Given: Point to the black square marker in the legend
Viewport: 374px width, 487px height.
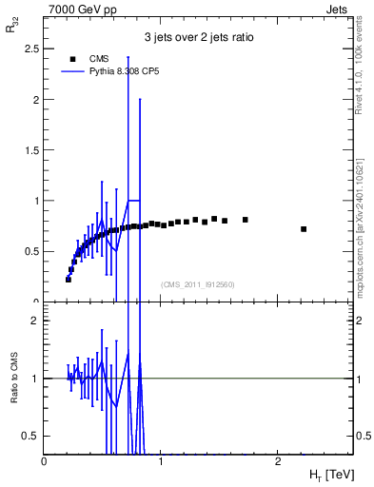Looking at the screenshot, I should pos(71,58).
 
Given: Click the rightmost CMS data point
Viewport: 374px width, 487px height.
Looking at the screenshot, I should pos(304,229).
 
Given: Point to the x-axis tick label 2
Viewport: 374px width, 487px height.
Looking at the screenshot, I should pos(277,461).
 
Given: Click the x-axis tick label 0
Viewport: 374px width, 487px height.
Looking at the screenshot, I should pos(44,461).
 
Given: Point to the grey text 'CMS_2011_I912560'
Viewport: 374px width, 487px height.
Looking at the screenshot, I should pos(198,284).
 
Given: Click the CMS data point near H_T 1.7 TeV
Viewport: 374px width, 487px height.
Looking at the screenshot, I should pos(246,220).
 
